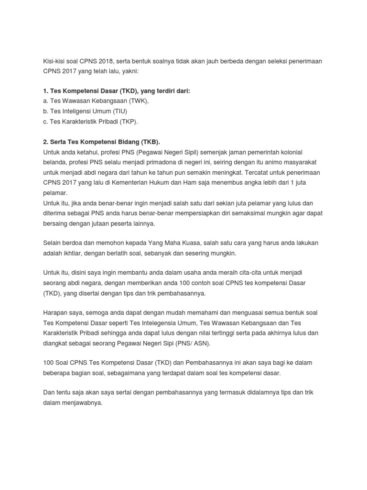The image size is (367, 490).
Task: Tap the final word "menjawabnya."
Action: [x=81, y=403]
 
